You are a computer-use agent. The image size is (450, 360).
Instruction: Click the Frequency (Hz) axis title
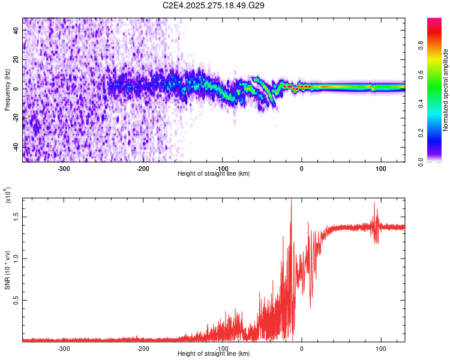coord(8,89)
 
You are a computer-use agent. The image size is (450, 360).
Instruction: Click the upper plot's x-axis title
coord(214,173)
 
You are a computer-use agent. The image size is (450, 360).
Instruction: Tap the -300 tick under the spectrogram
coord(64,169)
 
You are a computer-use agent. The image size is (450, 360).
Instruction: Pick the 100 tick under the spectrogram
coord(380,169)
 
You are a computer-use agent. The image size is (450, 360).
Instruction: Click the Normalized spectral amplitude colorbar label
coord(446,90)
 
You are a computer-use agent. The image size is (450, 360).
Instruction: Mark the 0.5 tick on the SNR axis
coord(17,300)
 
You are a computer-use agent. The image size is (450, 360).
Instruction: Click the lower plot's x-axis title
coord(214,353)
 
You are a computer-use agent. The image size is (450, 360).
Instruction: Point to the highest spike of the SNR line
coord(291,200)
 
